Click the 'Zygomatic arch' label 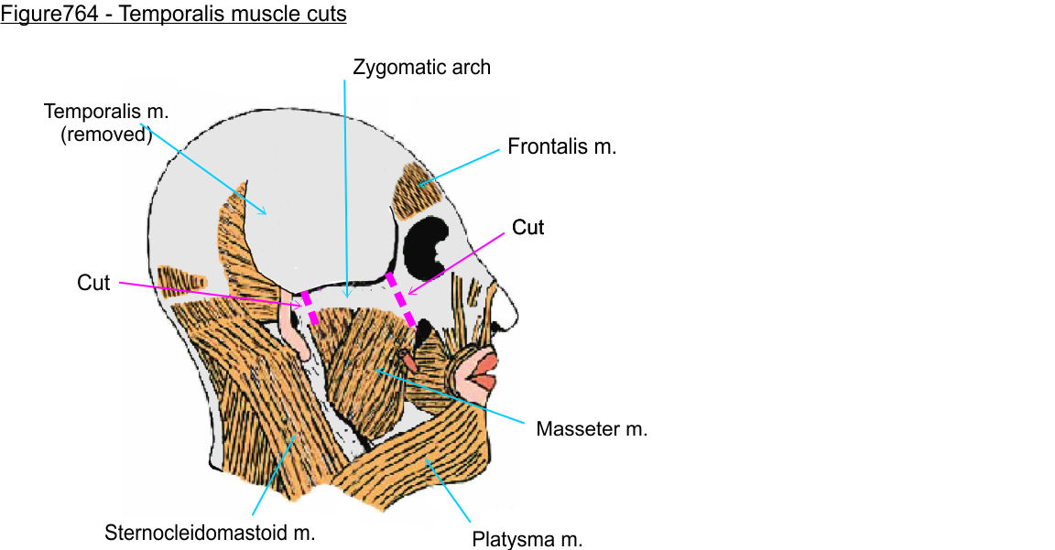[x=421, y=67]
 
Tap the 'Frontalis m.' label [x=561, y=146]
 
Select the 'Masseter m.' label [x=592, y=428]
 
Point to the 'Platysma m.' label [x=527, y=539]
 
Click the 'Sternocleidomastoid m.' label [x=210, y=533]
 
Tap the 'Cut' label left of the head [x=93, y=283]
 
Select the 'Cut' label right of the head [x=527, y=227]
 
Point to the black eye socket [x=424, y=242]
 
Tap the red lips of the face [x=482, y=367]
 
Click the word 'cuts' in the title [x=325, y=16]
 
